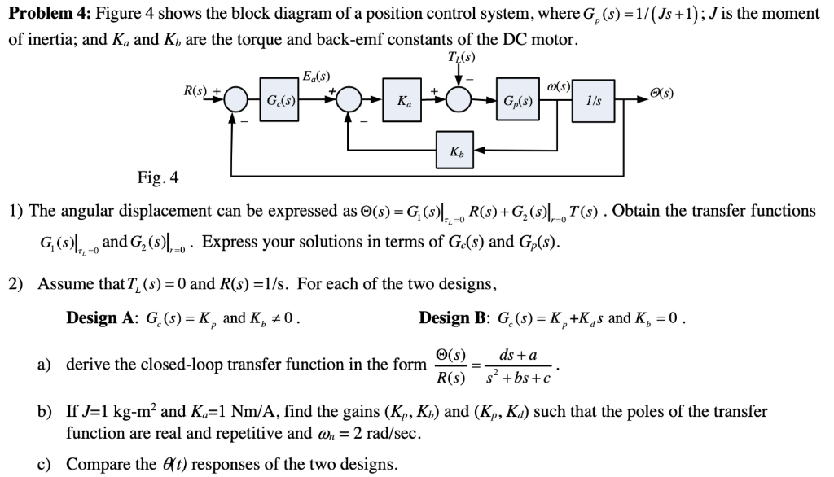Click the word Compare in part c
coord(95,464)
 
